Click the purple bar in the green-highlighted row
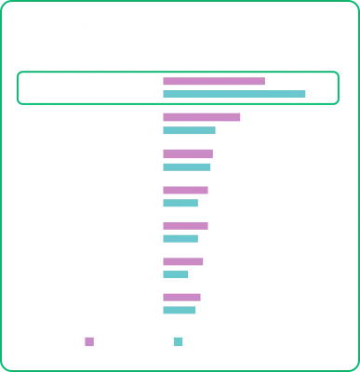pyautogui.click(x=212, y=82)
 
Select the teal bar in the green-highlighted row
pyautogui.click(x=233, y=94)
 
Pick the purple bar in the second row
pyautogui.click(x=201, y=119)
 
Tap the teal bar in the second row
pyautogui.click(x=187, y=132)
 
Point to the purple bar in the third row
pyautogui.click(x=187, y=154)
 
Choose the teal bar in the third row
pyautogui.click(x=187, y=166)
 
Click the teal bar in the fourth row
pyautogui.click(x=180, y=202)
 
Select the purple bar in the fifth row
pyautogui.click(x=183, y=224)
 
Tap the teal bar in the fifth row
pyautogui.click(x=180, y=237)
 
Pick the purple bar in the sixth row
pyautogui.click(x=183, y=261)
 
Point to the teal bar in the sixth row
pyautogui.click(x=176, y=273)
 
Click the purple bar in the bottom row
pyautogui.click(x=180, y=298)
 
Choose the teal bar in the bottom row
pyautogui.click(x=180, y=310)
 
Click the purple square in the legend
pyautogui.click(x=89, y=341)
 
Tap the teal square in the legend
pyautogui.click(x=179, y=341)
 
